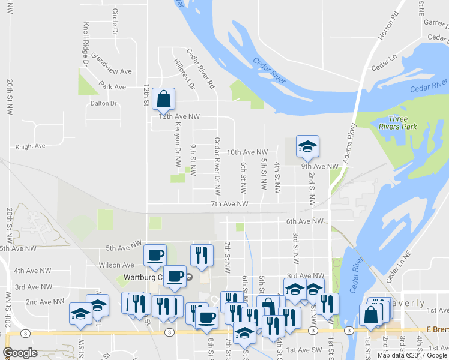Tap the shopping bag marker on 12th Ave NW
(x=163, y=98)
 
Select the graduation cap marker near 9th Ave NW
(x=307, y=146)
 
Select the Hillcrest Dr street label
(x=184, y=74)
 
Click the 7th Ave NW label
(x=229, y=205)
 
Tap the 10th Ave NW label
(x=247, y=152)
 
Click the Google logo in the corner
(x=20, y=353)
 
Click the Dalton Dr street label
(x=103, y=103)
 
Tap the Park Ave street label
(x=113, y=87)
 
